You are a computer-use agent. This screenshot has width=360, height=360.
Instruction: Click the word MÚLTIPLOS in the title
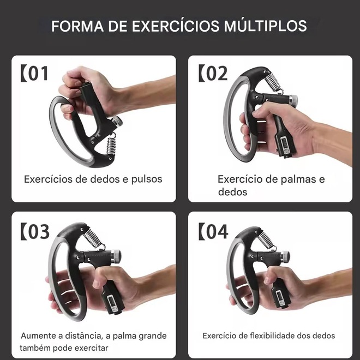tap(266, 26)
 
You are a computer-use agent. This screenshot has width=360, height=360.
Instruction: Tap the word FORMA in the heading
tap(77, 26)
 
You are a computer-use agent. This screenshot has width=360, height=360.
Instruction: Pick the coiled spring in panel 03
tap(93, 237)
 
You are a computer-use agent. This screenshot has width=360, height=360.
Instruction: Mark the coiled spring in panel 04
tap(266, 241)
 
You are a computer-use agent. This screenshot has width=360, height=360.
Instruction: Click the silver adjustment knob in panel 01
tap(117, 121)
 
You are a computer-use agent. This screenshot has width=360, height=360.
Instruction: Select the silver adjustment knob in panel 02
tap(293, 100)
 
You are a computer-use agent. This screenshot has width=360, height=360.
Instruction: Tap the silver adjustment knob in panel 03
tap(116, 256)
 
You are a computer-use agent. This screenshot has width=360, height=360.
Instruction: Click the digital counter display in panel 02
tap(285, 145)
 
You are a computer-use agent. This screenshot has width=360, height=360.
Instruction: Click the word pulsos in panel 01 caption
tap(147, 179)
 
